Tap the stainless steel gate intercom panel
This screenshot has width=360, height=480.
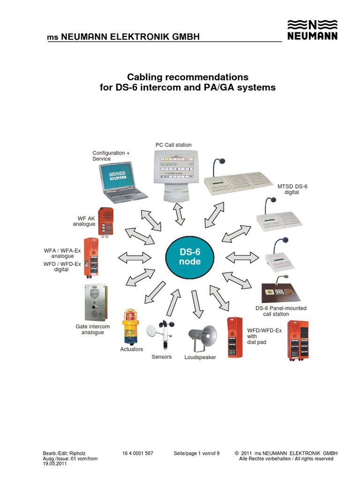pyautogui.click(x=95, y=303)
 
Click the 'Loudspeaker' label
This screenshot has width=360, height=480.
pyautogui.click(x=200, y=357)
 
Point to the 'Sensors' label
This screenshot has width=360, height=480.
pyautogui.click(x=162, y=357)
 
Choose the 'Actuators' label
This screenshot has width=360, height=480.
pyautogui.click(x=132, y=349)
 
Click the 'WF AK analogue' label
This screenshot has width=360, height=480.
pyautogui.click(x=84, y=221)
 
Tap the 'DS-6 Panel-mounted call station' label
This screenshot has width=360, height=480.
pyautogui.click(x=281, y=311)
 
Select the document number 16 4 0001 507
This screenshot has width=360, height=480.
pyautogui.click(x=138, y=453)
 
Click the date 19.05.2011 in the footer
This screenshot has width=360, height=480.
pyautogui.click(x=54, y=464)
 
